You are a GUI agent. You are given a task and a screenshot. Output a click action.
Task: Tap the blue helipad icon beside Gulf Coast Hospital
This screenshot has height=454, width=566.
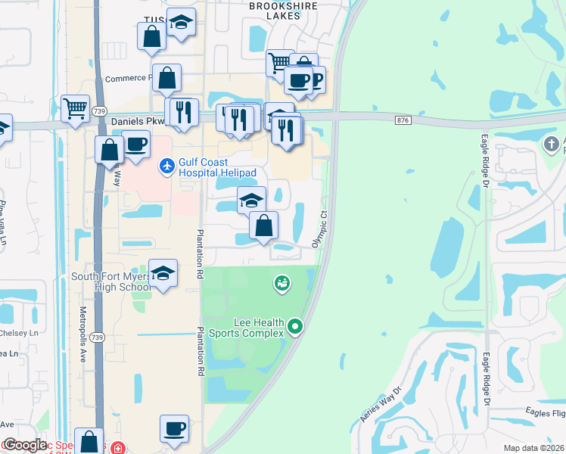(x=166, y=165)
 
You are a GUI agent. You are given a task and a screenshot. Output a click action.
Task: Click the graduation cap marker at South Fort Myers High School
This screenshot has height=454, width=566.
(x=163, y=273)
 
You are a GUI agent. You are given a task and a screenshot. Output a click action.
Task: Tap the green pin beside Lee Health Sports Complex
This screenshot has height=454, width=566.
(x=295, y=328)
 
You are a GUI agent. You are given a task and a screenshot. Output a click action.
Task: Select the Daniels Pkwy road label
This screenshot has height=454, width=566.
(x=138, y=120)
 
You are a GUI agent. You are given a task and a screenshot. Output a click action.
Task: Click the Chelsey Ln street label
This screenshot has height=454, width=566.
(x=19, y=333)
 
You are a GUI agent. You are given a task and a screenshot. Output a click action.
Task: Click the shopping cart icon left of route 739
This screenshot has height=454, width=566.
(x=75, y=110)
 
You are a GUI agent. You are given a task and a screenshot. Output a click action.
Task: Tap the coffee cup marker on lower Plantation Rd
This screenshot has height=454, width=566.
(x=174, y=428)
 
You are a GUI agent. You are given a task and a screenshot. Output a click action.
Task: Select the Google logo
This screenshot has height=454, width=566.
(x=24, y=445)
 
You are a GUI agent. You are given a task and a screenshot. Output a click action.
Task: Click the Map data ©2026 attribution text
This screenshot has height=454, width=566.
(x=534, y=448)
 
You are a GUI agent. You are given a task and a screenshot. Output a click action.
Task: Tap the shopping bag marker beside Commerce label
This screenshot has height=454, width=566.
(x=166, y=77)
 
